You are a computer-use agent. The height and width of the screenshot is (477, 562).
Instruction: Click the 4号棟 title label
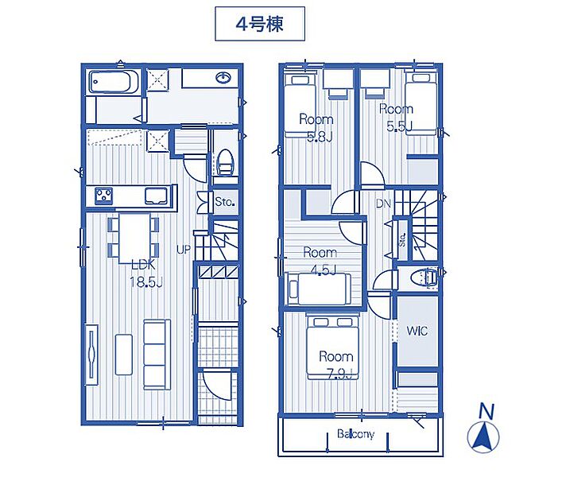pyautogui.click(x=260, y=24)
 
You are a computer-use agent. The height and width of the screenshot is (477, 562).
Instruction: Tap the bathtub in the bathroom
pyautogui.click(x=114, y=82)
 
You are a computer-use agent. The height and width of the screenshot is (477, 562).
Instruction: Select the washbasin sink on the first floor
pyautogui.click(x=223, y=77)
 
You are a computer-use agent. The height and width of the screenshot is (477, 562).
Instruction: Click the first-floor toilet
pyautogui.click(x=226, y=162)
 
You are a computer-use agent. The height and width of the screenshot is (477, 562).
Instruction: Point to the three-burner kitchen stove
pyautogui.click(x=104, y=196)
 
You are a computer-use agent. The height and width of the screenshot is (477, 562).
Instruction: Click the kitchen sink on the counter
pyautogui.click(x=156, y=196)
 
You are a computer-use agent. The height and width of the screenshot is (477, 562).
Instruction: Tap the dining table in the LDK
pyautogui.click(x=135, y=238)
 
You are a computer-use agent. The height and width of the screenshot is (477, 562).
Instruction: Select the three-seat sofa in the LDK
pyautogui.click(x=157, y=355)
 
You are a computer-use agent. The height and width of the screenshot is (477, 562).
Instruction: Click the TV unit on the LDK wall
pyautogui.click(x=91, y=355)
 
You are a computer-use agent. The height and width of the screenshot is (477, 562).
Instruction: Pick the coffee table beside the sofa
pyautogui.click(x=124, y=355)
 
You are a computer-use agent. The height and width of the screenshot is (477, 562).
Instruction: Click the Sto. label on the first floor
pyautogui.click(x=225, y=202)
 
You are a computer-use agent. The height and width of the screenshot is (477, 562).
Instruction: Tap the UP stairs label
pyautogui.click(x=184, y=250)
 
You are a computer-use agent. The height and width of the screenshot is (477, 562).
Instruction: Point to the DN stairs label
pyautogui.click(x=383, y=204)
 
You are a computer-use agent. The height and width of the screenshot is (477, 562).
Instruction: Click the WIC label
pyautogui.click(x=417, y=331)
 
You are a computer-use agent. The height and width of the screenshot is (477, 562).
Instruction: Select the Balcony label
pyautogui.click(x=355, y=434)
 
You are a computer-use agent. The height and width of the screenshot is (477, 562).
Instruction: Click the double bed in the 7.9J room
pyautogui.click(x=332, y=347)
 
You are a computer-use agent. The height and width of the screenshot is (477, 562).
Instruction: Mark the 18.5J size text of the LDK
pyautogui.click(x=146, y=282)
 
